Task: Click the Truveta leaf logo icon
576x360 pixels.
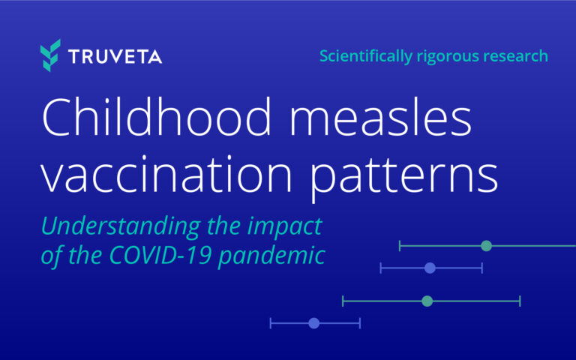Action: [x=50, y=56]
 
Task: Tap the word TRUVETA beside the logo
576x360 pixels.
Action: [x=115, y=57]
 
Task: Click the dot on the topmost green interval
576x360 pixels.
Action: [x=486, y=245]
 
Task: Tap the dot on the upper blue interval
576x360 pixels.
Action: [x=430, y=268]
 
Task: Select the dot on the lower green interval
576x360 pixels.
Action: [x=427, y=301]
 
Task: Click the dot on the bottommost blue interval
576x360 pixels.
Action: [x=314, y=323]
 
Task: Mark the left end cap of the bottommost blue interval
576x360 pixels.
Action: [x=271, y=323]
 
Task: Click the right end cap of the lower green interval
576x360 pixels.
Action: [x=520, y=301]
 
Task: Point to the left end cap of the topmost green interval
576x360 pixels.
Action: [x=400, y=245]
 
